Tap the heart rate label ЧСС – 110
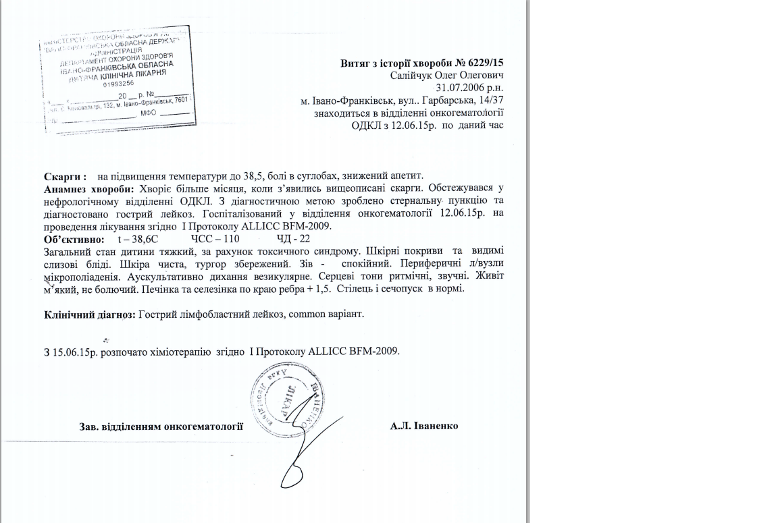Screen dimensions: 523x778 coord(211,239)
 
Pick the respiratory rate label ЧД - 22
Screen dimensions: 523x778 coord(294,239)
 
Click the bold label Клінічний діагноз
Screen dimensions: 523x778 coord(90,314)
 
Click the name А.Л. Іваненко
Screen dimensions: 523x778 coord(424,426)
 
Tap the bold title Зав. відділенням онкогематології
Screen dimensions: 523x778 coord(161,426)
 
